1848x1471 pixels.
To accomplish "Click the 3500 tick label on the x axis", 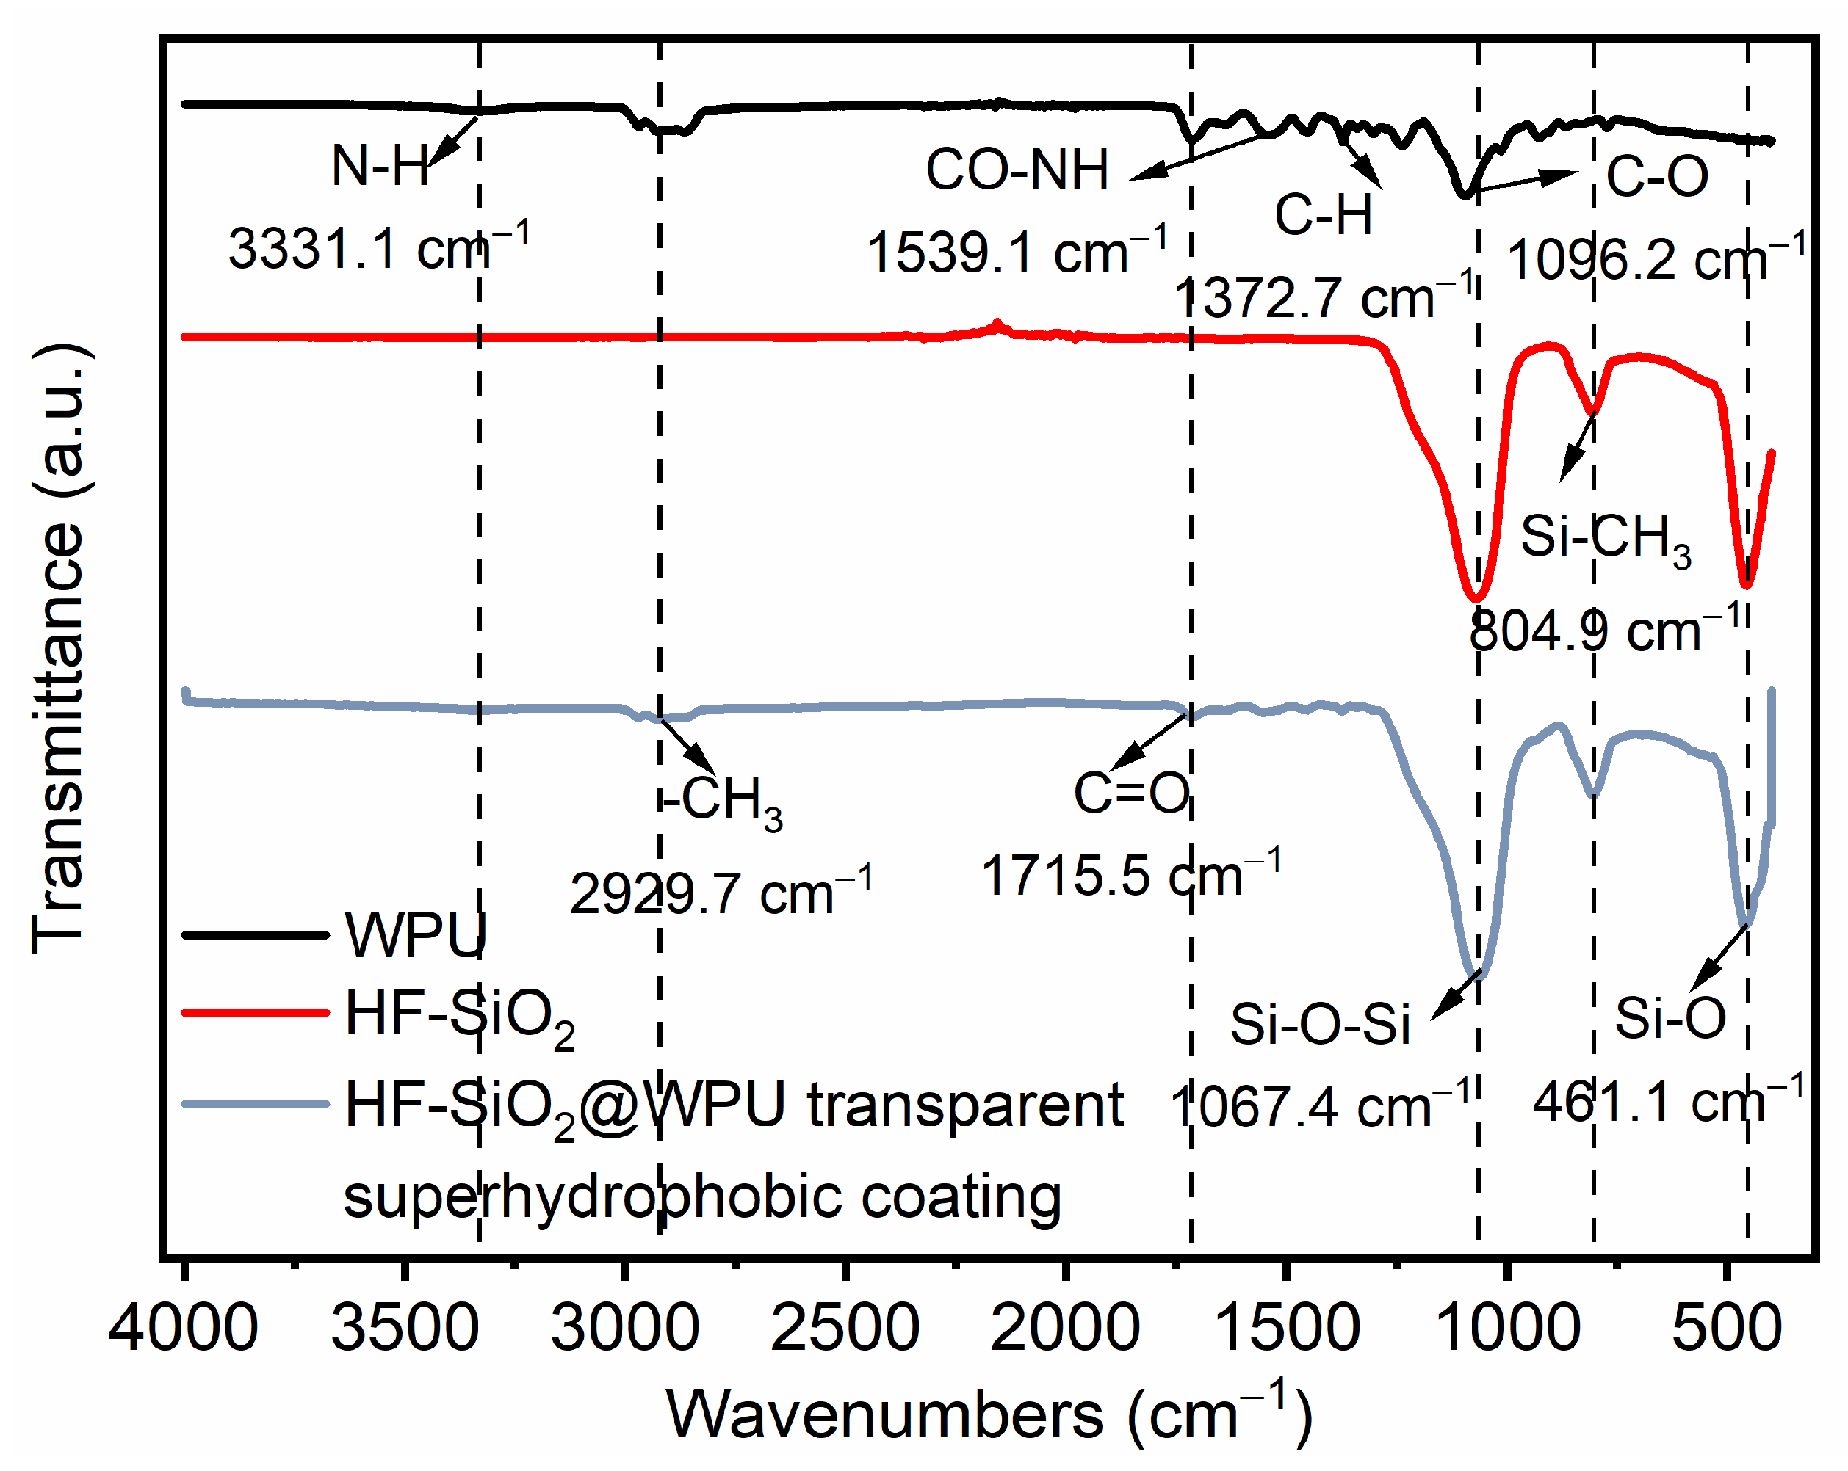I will (405, 1329).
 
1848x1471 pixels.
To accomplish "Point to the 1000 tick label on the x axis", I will (1508, 1329).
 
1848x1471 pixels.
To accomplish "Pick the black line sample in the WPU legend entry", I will (256, 934).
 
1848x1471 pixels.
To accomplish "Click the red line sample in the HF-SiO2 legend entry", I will (256, 1013).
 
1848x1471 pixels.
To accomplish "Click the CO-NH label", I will (1017, 169).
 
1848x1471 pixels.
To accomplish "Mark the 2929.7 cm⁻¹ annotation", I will (720, 893).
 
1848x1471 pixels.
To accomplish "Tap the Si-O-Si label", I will (1320, 1024).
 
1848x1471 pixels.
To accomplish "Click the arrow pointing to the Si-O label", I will (1718, 957).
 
